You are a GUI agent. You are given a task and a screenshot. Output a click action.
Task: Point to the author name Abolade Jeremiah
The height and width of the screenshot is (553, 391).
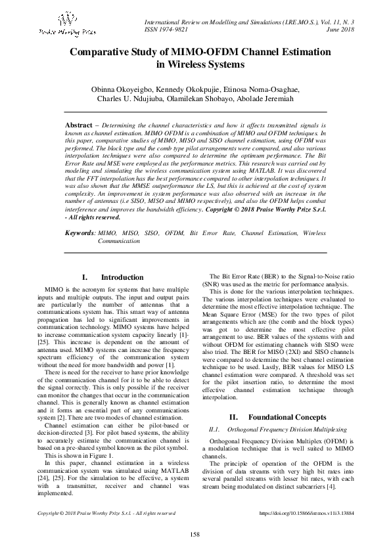[266, 99]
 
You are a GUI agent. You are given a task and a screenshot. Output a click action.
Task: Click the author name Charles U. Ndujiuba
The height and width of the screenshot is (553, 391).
[131, 99]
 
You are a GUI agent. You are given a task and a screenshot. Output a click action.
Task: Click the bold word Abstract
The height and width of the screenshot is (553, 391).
[83, 124]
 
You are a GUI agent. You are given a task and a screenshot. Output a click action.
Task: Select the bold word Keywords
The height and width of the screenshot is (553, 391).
[80, 233]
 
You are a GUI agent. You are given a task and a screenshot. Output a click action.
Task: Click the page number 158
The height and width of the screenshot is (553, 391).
[195, 535]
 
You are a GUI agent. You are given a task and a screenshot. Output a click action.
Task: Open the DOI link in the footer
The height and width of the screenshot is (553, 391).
[306, 513]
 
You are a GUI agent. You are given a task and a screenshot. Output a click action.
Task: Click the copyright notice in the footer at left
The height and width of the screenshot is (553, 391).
[107, 513]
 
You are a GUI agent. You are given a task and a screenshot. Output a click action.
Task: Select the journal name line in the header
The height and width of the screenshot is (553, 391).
[248, 22]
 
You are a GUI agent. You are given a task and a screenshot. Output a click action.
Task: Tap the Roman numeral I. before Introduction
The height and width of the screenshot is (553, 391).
[85, 278]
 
